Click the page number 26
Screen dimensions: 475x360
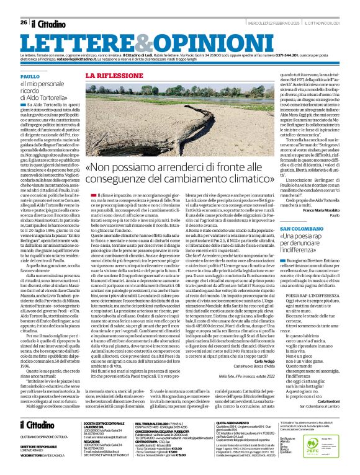coord(24,23)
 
